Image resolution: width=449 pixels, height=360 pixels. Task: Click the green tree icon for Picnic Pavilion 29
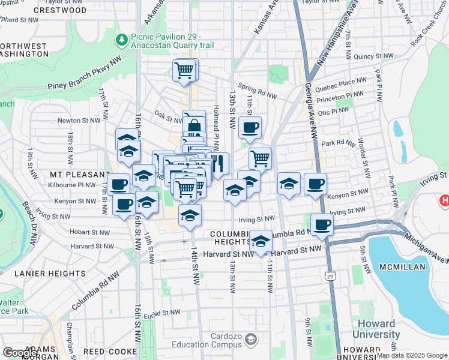(x=122, y=40)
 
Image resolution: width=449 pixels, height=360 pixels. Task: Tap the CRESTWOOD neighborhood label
(x=60, y=10)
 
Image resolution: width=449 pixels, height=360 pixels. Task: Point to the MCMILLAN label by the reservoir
(x=415, y=266)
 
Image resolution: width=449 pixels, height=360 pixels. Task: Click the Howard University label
(x=376, y=329)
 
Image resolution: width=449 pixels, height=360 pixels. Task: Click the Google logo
(x=20, y=353)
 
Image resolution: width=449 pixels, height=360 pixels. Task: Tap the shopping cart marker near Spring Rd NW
(x=184, y=70)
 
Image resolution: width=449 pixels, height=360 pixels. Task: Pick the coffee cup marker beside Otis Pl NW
(x=250, y=127)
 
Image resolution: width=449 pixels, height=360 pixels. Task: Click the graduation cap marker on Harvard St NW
(x=260, y=242)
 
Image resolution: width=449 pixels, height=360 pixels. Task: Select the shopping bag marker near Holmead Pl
(x=194, y=125)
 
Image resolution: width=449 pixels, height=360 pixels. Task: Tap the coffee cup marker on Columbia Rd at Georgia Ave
(x=322, y=224)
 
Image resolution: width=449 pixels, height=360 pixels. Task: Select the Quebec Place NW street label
(x=345, y=83)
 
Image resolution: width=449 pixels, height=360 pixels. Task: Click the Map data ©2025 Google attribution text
(x=412, y=355)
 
